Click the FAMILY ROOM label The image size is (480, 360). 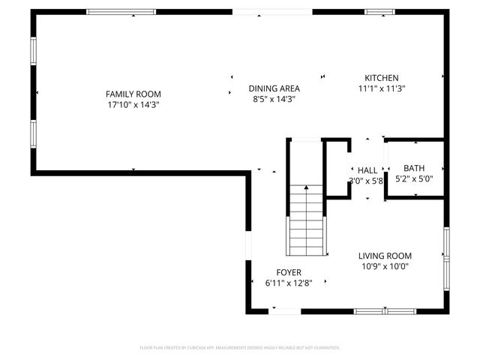133,94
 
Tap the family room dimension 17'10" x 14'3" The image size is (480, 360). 133,105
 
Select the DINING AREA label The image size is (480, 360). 274,88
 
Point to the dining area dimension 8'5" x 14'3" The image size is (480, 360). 274,99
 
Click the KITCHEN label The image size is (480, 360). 381,78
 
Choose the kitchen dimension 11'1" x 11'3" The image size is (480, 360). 381,88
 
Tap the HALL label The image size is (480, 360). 367,170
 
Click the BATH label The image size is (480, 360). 414,168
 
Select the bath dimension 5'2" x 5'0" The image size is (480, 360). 414,178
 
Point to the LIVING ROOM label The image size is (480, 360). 385,256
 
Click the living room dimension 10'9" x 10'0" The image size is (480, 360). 385,266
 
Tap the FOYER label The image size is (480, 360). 289,272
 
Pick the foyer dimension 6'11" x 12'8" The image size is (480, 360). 289,283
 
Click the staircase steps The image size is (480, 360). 306,225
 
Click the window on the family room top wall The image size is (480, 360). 121,12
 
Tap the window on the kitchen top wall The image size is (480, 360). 375,12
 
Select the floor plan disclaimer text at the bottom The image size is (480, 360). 240,348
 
